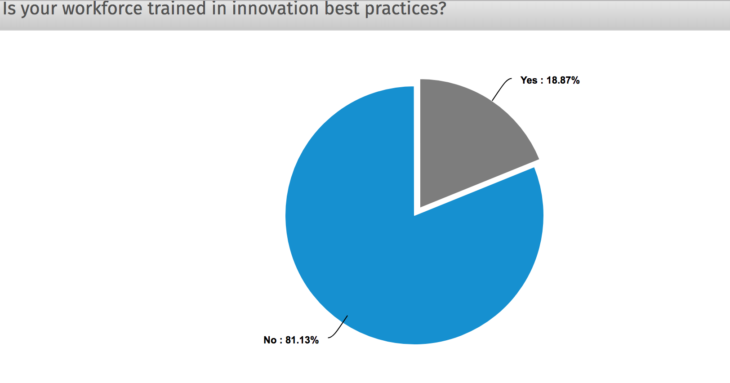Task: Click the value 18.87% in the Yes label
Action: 563,80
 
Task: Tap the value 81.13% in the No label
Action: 302,340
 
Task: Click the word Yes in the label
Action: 529,80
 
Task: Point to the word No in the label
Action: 270,340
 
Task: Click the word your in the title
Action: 39,9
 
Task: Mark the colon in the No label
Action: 281,341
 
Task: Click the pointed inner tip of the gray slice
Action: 420,207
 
